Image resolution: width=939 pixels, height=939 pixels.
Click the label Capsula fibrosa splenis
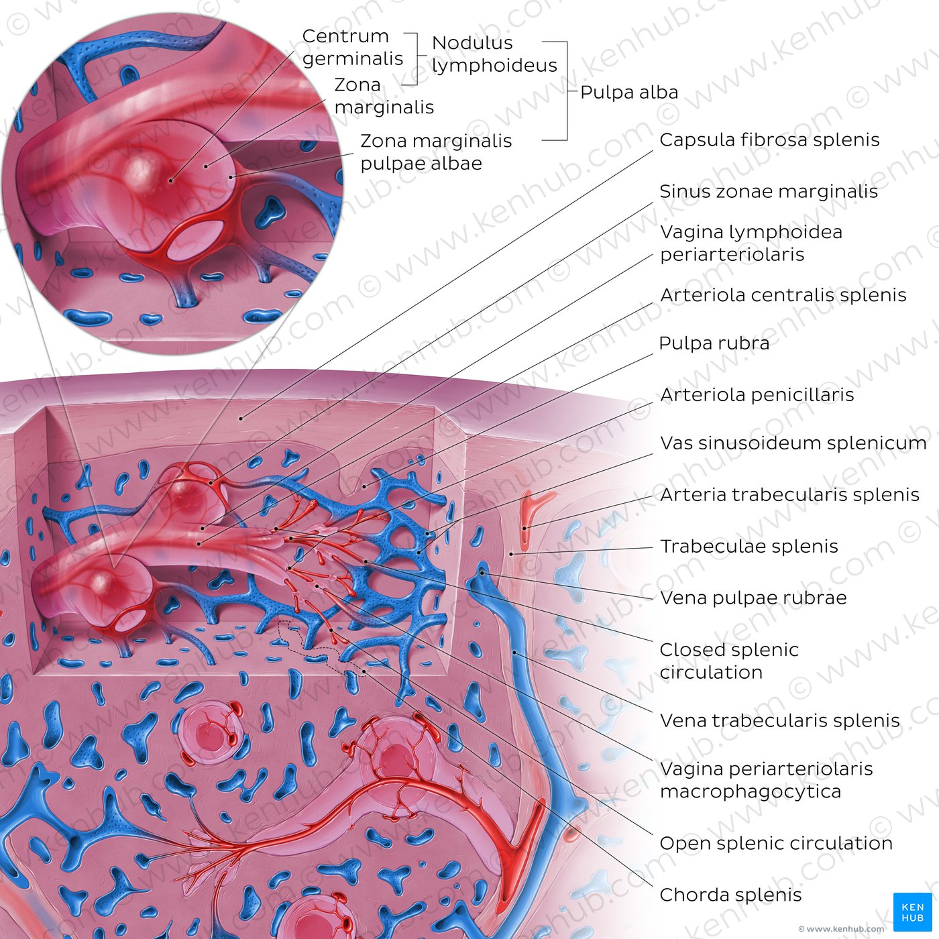[769, 140]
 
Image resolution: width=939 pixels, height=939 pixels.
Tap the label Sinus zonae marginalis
[769, 192]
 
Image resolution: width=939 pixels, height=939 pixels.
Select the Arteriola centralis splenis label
[783, 295]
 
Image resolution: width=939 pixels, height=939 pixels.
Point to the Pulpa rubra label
[714, 343]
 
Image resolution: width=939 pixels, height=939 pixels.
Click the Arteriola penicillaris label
[757, 394]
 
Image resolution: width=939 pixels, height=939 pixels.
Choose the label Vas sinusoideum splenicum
[793, 443]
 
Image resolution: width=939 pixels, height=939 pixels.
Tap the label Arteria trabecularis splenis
[789, 494]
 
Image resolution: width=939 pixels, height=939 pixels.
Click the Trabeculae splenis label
[749, 546]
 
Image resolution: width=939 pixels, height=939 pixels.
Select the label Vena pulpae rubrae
[753, 598]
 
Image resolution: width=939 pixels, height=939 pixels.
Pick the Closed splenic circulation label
[729, 661]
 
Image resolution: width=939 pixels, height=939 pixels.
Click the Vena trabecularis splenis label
[779, 721]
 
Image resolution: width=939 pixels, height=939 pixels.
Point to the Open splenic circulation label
[776, 844]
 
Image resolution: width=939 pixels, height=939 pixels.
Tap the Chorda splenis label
[730, 895]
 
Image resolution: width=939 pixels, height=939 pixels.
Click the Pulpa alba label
[629, 93]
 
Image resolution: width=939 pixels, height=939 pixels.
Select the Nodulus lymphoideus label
[494, 54]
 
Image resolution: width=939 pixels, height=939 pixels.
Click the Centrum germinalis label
[353, 47]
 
